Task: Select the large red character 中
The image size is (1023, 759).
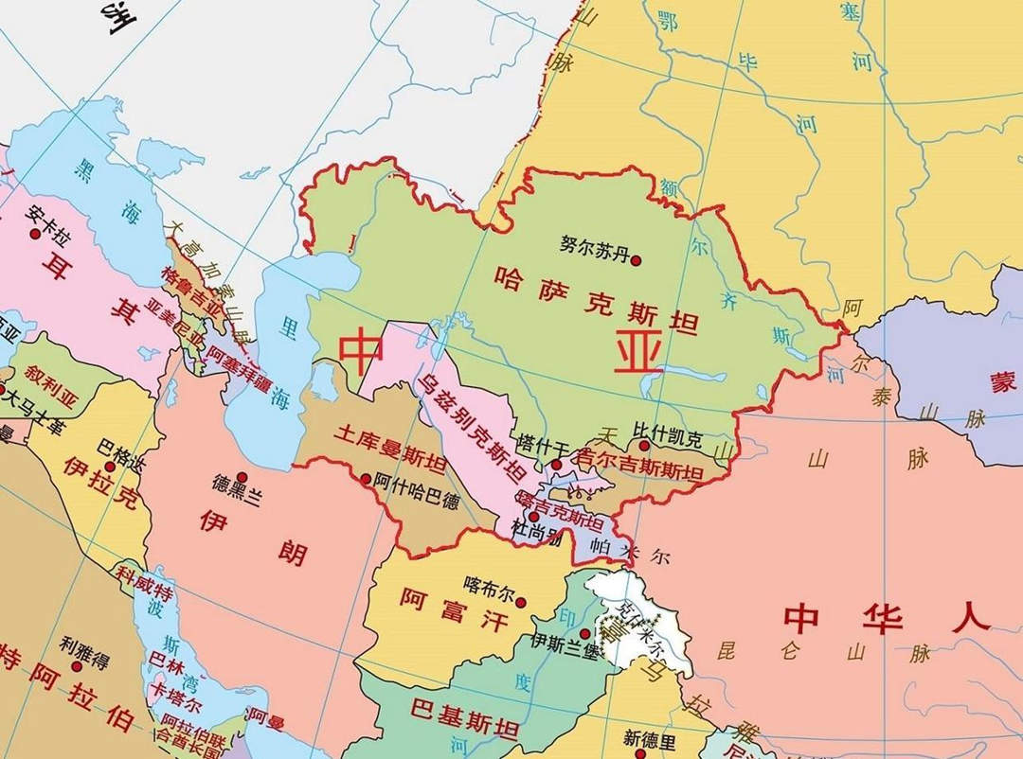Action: [362, 351]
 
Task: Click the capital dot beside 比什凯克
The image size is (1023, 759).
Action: [643, 445]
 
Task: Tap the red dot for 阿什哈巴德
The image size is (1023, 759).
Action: [367, 478]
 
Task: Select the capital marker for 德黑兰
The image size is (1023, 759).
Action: [242, 477]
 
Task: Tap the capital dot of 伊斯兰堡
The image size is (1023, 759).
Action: [584, 634]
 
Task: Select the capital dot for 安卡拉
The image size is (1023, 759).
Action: [36, 233]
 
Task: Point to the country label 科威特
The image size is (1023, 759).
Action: [143, 583]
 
